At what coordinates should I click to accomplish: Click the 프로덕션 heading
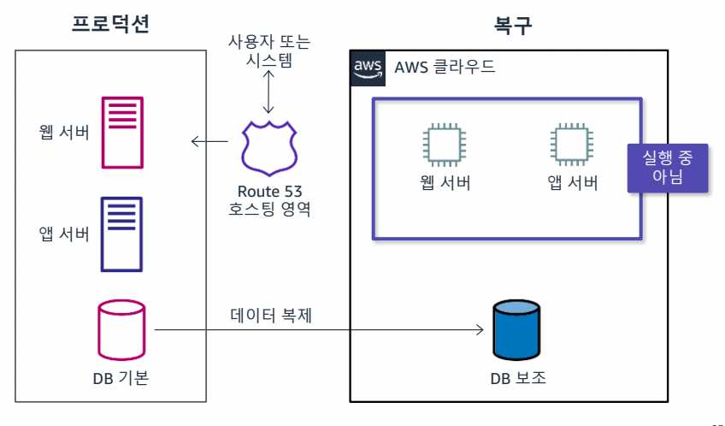[x=111, y=24]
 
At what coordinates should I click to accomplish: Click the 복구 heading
[x=512, y=24]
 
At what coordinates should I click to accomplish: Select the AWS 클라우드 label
[x=445, y=68]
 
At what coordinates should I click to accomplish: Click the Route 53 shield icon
[x=269, y=147]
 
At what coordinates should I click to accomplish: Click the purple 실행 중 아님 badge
[x=668, y=166]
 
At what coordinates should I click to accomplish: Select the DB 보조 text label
[x=516, y=376]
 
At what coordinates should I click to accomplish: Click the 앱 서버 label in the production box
[x=64, y=233]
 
